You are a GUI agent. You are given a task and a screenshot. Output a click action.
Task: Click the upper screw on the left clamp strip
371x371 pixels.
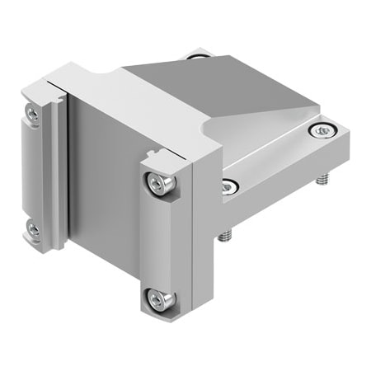point(32,115)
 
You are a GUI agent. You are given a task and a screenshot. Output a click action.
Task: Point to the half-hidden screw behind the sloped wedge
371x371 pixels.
point(195,56)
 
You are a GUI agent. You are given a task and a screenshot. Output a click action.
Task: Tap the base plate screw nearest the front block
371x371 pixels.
point(229,186)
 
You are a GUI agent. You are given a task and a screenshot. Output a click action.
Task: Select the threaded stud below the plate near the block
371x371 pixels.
point(225,237)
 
